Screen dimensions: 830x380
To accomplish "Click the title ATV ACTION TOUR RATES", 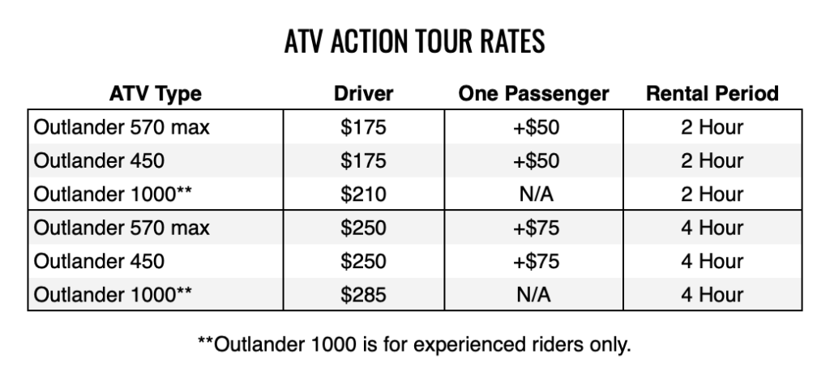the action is [414, 41].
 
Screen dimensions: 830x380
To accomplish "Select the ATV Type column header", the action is [155, 94].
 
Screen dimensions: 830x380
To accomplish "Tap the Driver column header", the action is [363, 94].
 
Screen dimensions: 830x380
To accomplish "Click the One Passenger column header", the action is [533, 94].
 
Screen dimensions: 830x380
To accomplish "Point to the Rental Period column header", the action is [712, 94].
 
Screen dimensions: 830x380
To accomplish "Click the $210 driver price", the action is [363, 194].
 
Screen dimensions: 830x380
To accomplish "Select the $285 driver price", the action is [363, 295].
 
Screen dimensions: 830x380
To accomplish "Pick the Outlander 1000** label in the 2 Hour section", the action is [113, 194].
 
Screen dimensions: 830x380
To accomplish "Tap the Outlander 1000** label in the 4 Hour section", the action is [113, 295].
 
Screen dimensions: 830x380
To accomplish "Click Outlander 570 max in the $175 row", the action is [122, 127].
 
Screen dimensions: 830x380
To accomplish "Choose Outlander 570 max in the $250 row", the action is [122, 228].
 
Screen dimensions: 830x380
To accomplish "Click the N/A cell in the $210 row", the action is [536, 194].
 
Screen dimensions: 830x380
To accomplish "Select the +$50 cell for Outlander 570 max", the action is [536, 127].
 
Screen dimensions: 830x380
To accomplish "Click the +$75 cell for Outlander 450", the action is [536, 262].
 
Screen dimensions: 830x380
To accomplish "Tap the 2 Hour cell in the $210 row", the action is [712, 194].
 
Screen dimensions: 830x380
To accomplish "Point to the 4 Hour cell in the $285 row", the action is [712, 295].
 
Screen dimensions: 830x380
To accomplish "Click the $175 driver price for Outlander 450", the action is [363, 161].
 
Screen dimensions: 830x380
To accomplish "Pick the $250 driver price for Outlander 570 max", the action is [363, 228].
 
